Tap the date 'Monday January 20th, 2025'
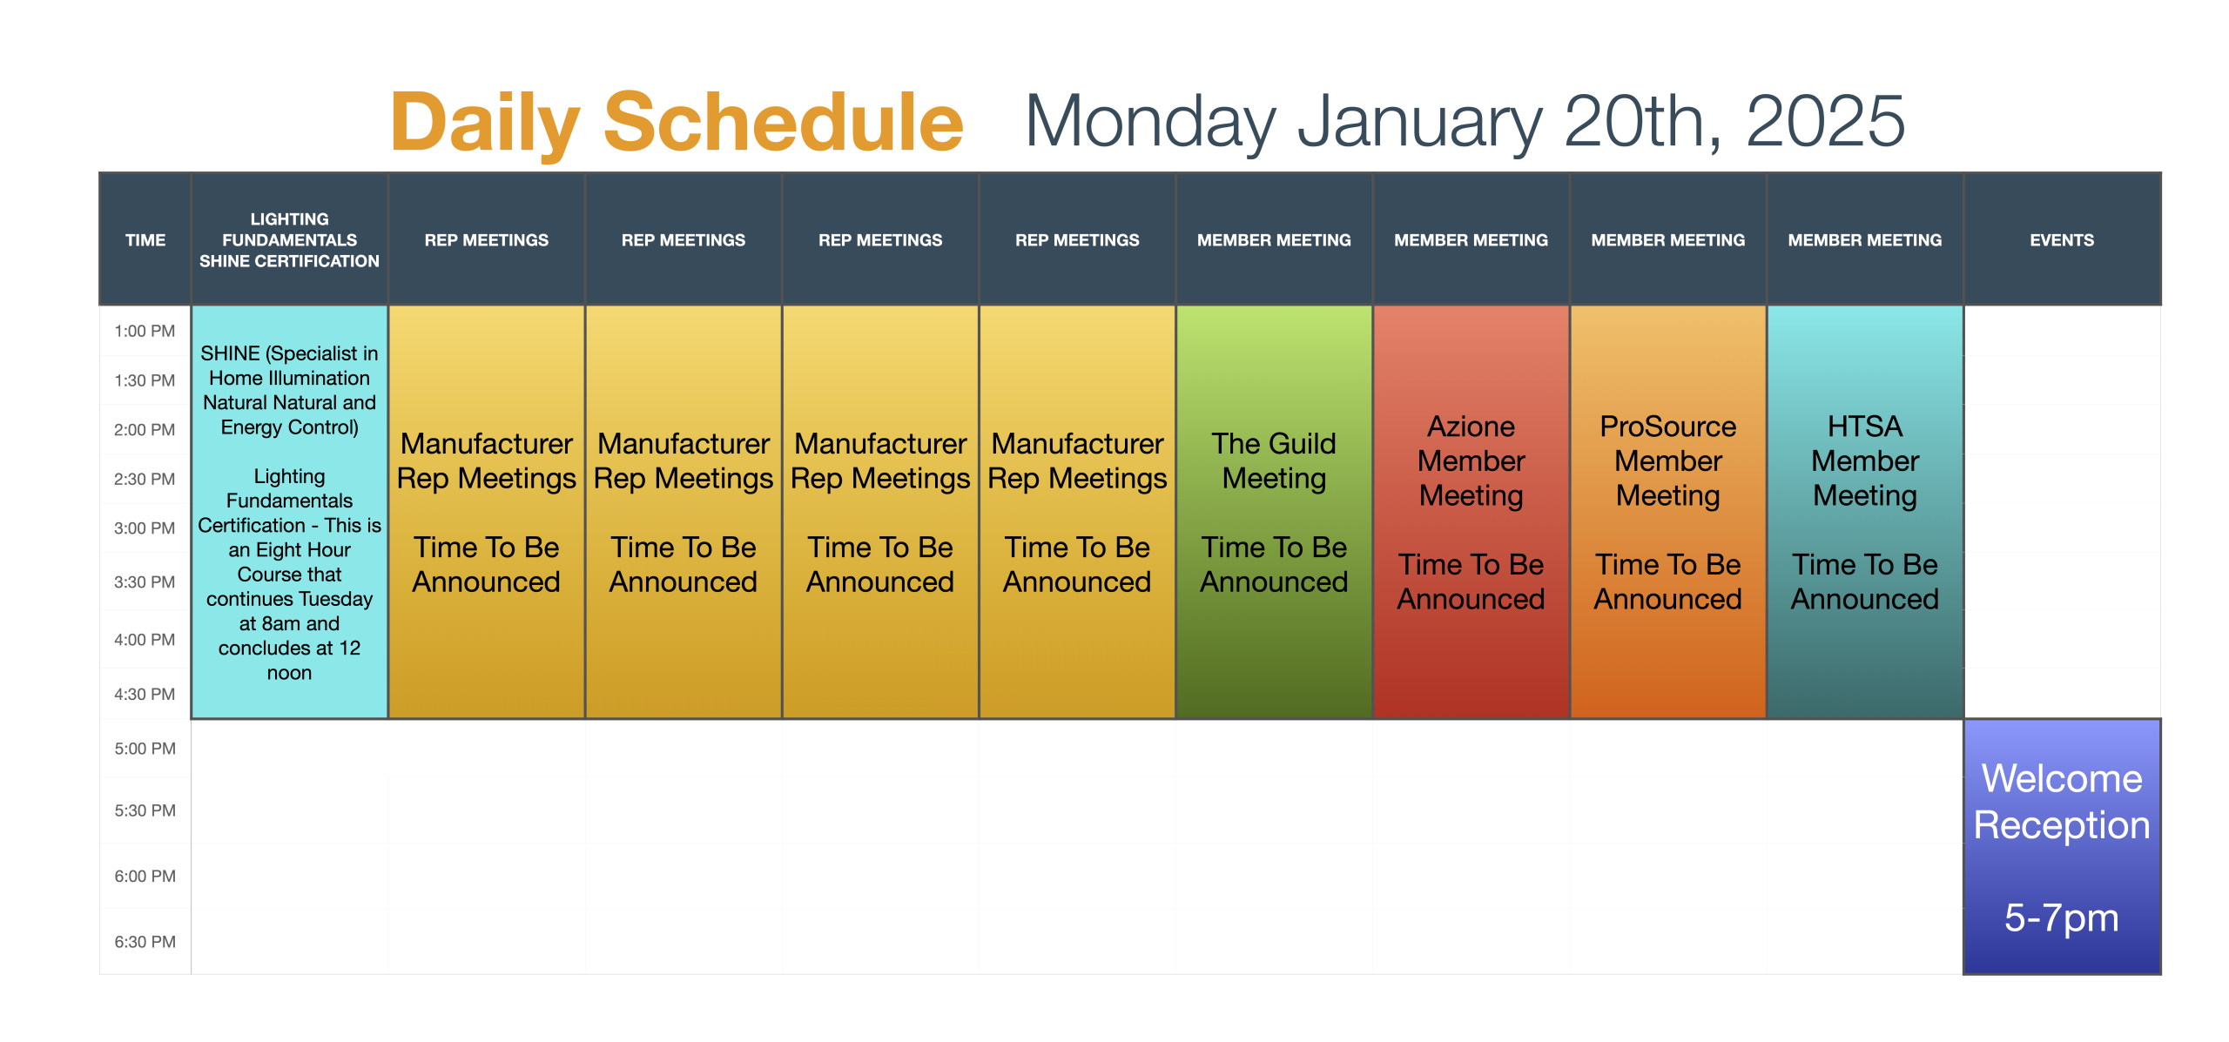(1465, 121)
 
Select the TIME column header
(145, 240)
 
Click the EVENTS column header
(2062, 240)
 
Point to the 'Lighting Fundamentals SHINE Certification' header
(289, 240)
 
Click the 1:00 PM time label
(145, 331)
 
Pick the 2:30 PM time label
(145, 479)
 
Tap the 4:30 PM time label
(145, 694)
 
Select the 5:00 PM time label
(145, 749)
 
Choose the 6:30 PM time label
(145, 942)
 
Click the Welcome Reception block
(2062, 846)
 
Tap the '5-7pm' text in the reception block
(2062, 918)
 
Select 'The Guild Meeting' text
(1274, 460)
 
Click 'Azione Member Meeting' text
(1471, 460)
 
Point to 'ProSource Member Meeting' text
(1668, 460)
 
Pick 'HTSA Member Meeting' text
(1865, 460)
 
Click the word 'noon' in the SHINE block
(289, 673)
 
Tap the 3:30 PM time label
(145, 582)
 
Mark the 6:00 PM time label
(145, 876)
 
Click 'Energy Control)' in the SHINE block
(289, 427)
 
